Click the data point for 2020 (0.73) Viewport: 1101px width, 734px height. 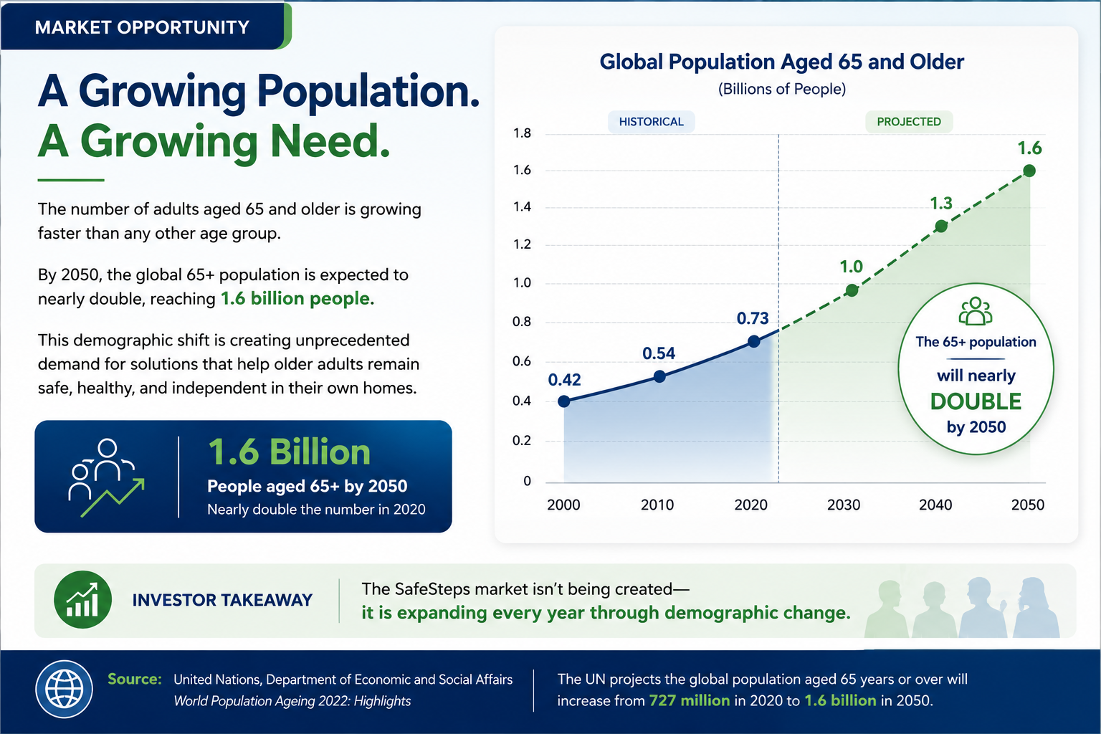(753, 341)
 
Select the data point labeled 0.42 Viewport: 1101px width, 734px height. (564, 401)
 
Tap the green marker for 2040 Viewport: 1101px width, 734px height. (940, 226)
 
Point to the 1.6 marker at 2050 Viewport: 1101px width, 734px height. (1029, 171)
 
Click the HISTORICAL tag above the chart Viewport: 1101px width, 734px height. (652, 121)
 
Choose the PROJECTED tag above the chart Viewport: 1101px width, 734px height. (909, 121)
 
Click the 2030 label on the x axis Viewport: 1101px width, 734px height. (844, 505)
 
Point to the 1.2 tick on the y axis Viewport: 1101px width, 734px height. (522, 244)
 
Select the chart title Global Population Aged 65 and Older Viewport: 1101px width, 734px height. (781, 62)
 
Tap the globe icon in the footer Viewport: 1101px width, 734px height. (64, 689)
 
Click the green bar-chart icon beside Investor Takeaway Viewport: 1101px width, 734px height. (82, 599)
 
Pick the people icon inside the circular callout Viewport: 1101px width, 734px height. (975, 311)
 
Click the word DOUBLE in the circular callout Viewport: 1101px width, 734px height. (976, 401)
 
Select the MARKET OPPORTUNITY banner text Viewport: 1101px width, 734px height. (142, 27)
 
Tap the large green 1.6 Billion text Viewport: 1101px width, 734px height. (289, 452)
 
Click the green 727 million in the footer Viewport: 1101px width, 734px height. (689, 700)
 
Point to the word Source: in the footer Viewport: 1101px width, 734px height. (135, 679)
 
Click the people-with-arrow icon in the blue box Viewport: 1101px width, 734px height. (106, 477)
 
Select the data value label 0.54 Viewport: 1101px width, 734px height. (659, 353)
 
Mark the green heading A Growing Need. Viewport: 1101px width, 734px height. (214, 142)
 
